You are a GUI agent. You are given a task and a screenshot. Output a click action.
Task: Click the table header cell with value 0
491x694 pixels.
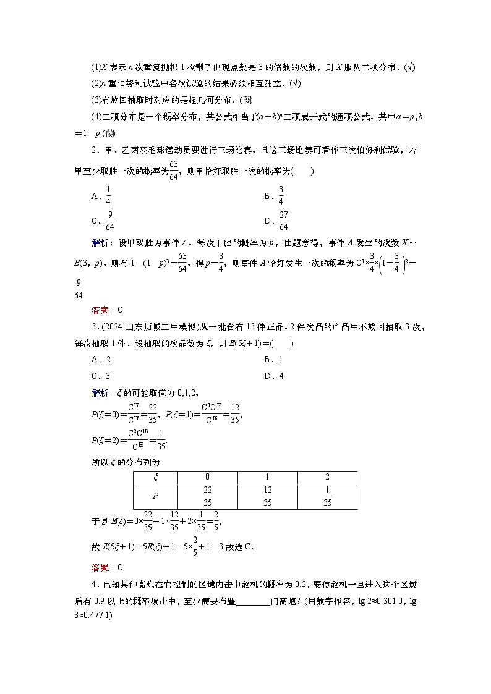(x=207, y=477)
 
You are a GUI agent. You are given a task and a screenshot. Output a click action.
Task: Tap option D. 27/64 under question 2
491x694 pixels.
(x=278, y=221)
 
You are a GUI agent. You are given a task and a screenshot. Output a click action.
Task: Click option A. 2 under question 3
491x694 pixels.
(x=101, y=359)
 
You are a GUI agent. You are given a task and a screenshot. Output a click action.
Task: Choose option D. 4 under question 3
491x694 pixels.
(x=273, y=376)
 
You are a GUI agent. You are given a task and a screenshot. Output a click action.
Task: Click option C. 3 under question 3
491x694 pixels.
(x=101, y=376)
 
